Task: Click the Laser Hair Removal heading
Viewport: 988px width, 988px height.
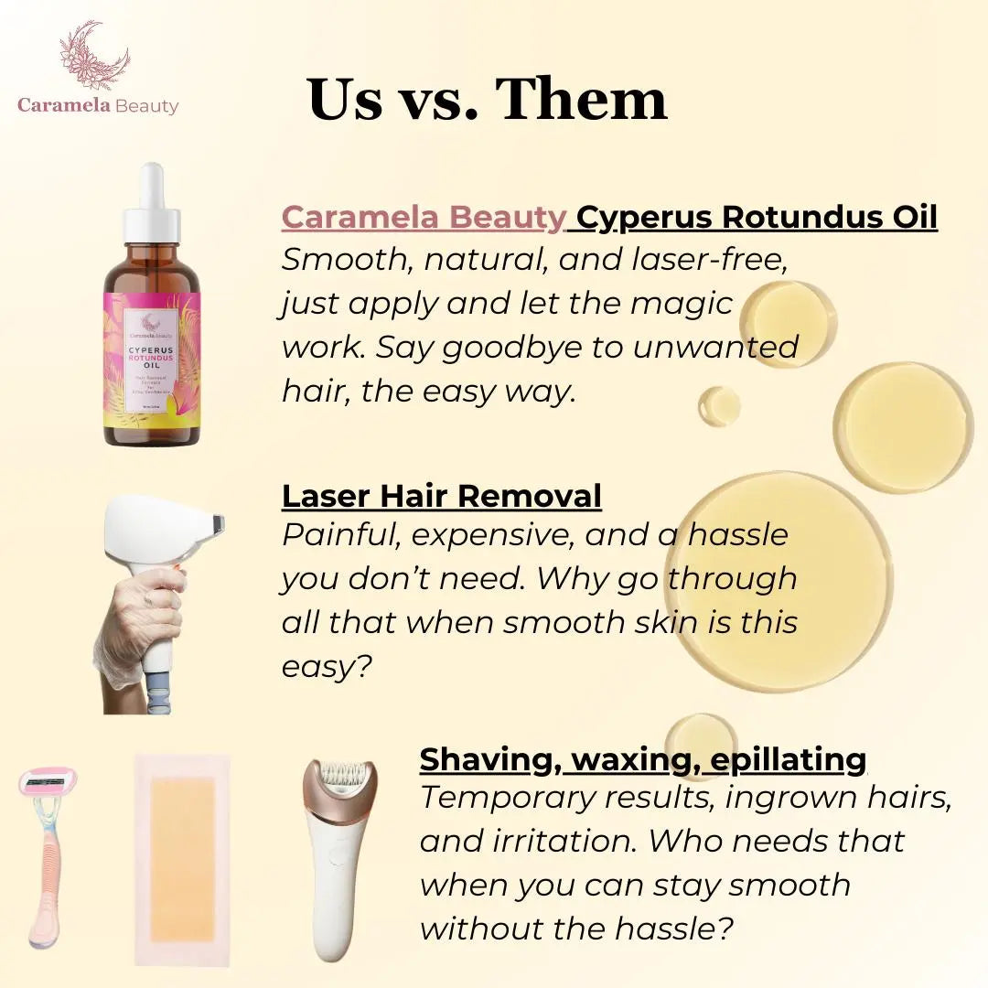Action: pyautogui.click(x=441, y=496)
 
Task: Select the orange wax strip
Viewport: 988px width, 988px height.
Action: pyautogui.click(x=183, y=857)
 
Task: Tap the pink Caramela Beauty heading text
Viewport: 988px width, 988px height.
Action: pyautogui.click(x=424, y=218)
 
